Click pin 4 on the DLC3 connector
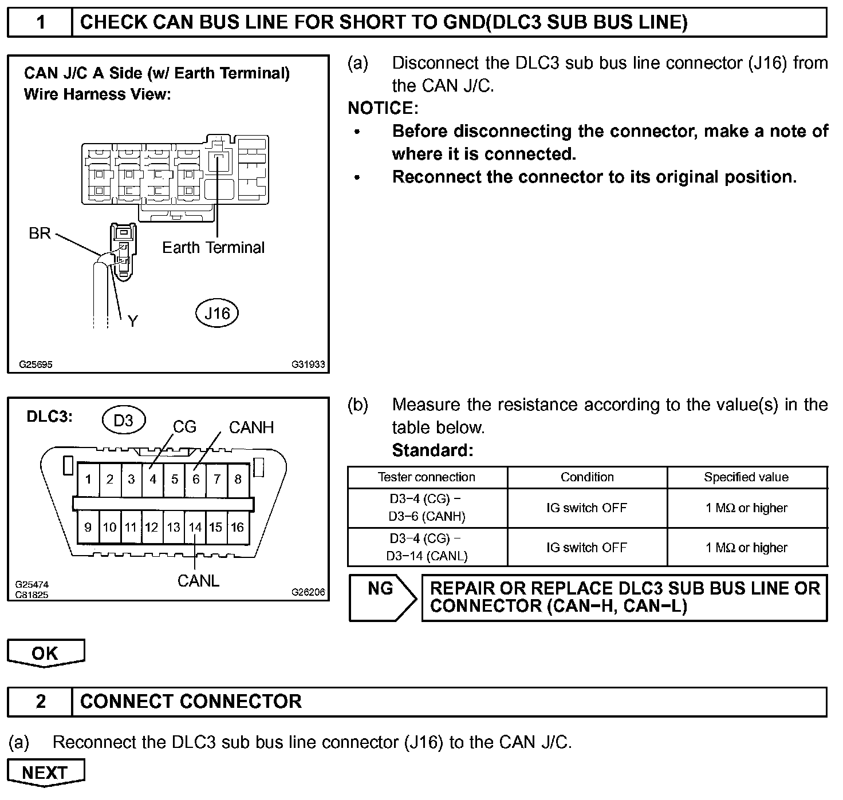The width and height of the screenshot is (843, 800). point(153,479)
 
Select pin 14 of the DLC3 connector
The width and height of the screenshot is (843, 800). point(195,527)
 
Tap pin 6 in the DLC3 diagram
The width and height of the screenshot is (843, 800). point(196,479)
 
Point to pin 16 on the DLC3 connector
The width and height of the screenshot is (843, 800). point(238,527)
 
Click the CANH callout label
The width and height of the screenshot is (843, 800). point(251,427)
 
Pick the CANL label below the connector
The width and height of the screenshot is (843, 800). point(198,581)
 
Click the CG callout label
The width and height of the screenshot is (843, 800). point(184,427)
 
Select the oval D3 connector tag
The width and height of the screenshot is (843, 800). point(123,421)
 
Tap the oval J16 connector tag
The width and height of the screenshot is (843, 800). point(217,313)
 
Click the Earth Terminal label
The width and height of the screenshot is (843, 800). point(213,248)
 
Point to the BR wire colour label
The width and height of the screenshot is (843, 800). point(40,233)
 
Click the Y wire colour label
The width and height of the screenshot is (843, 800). point(133,321)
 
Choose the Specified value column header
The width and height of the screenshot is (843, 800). point(746,477)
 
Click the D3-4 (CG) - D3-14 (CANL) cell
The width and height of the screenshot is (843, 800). point(427,547)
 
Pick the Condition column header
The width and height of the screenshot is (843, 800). point(587,477)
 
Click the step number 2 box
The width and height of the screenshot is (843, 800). point(41,702)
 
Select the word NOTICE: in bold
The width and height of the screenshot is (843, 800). point(383,108)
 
